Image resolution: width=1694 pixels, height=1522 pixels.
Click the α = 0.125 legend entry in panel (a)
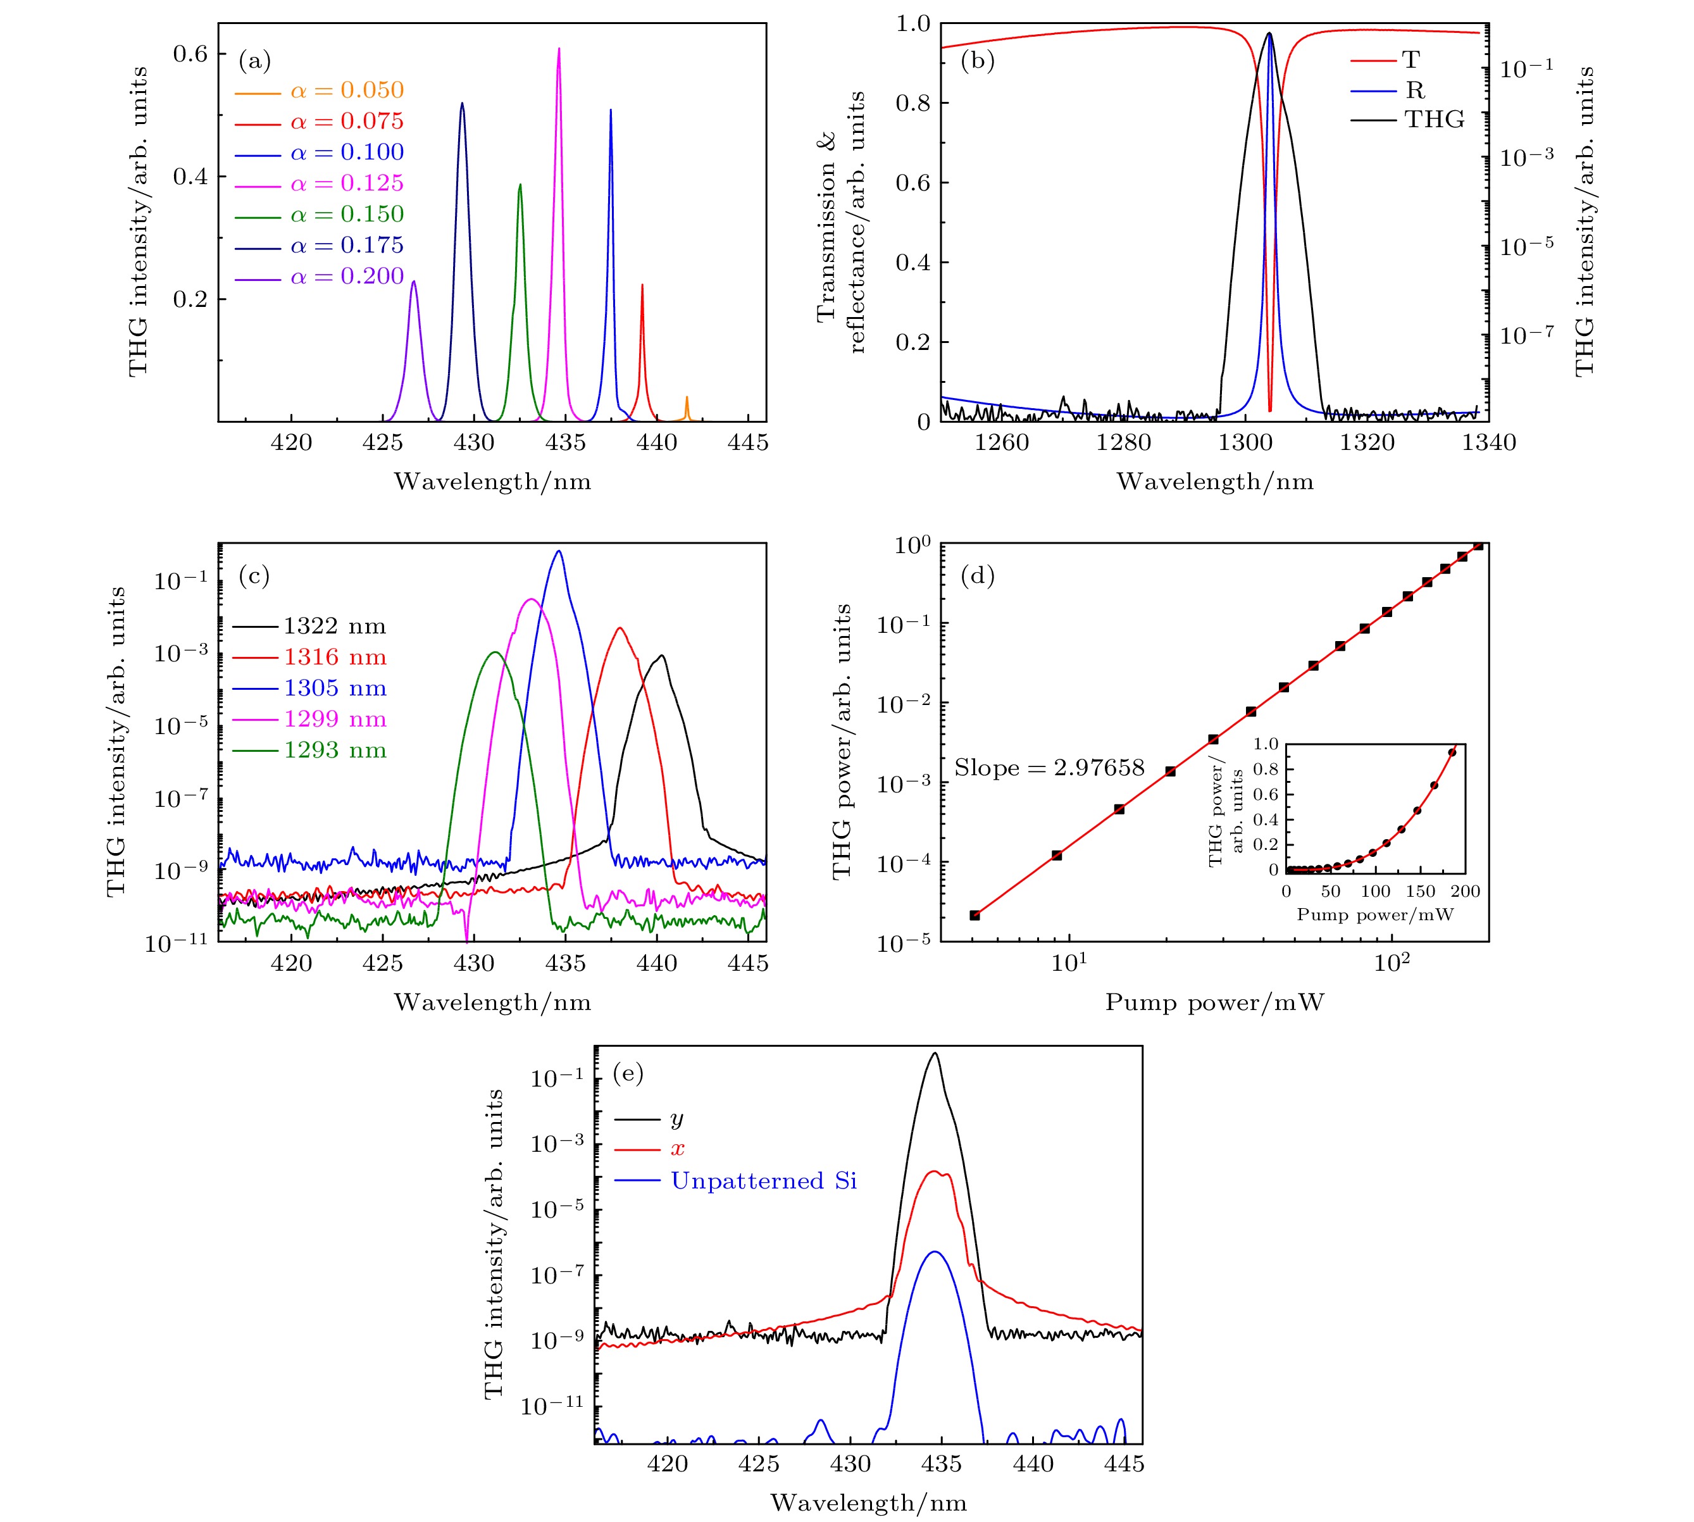[x=347, y=183]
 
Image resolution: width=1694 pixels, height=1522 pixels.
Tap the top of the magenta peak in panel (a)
[x=559, y=50]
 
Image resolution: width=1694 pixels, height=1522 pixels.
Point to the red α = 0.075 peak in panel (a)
[x=642, y=287]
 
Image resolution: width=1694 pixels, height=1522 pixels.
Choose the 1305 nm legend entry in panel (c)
[x=335, y=689]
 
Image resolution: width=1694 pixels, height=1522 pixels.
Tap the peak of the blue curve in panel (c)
[x=559, y=552]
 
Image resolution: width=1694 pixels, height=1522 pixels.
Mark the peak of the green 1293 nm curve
[x=494, y=652]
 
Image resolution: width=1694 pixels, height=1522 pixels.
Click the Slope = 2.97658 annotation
[x=1049, y=768]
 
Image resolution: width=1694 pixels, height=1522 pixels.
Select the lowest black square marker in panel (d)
[x=974, y=915]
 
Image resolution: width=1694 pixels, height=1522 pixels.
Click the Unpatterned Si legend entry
[x=763, y=1181]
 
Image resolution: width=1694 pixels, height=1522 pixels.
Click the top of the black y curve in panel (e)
[x=935, y=1054]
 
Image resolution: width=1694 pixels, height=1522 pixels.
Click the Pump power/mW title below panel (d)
[x=1214, y=1002]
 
